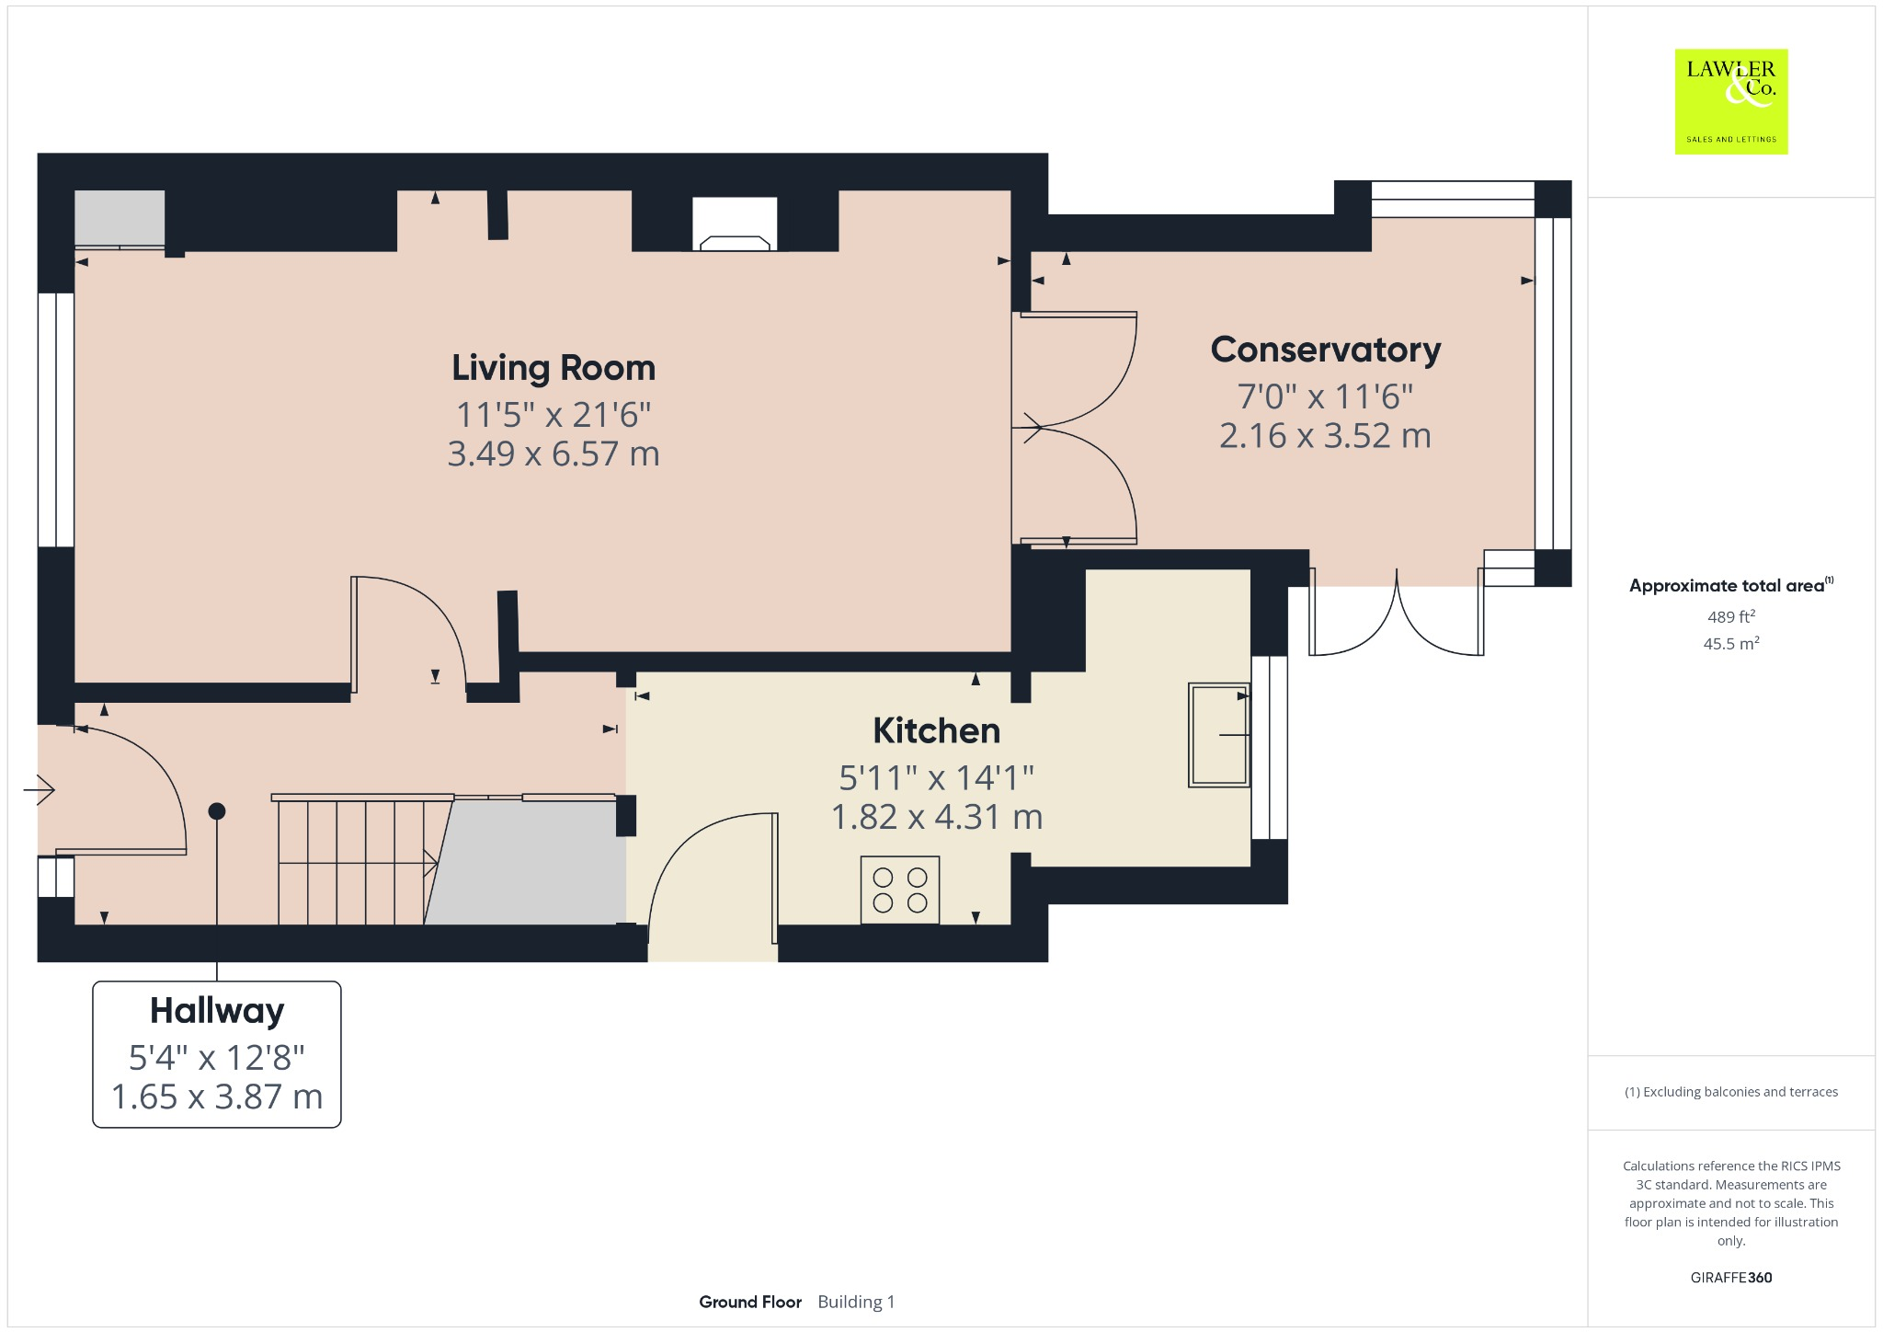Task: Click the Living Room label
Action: pos(553,368)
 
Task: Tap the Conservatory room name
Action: pos(1325,350)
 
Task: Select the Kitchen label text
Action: pos(936,730)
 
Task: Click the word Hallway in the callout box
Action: pos(217,1010)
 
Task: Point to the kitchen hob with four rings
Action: pos(900,890)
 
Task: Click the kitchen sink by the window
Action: pos(1218,734)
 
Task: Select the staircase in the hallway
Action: pos(354,861)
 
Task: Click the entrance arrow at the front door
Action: pos(40,789)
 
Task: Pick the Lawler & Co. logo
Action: pos(1730,101)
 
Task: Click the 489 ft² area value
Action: pos(1730,616)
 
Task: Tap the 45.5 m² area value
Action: pos(1730,643)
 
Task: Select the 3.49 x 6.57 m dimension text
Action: pos(553,454)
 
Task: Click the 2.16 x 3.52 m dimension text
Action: pos(1325,436)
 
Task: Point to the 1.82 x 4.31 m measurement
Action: pos(936,817)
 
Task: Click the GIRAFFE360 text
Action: pos(1730,1277)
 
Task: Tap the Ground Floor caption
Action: pos(750,1302)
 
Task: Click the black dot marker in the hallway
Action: pos(217,811)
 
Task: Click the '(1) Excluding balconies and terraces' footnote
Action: pos(1730,1092)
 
